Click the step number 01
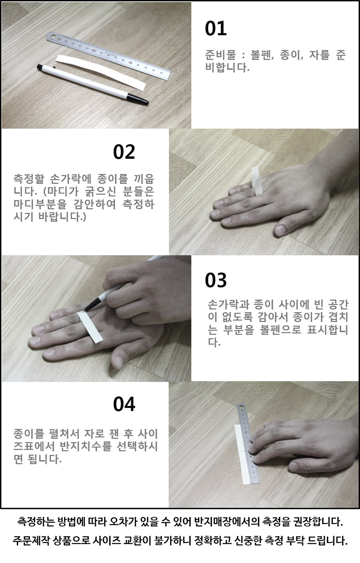pyautogui.click(x=216, y=28)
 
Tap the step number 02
pyautogui.click(x=124, y=152)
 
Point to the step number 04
pyautogui.click(x=124, y=404)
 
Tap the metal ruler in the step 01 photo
pyautogui.click(x=108, y=56)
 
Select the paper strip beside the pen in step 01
pyautogui.click(x=100, y=72)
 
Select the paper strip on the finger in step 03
pyautogui.click(x=90, y=327)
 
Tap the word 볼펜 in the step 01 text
pyautogui.click(x=262, y=55)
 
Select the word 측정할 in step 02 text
pyautogui.click(x=28, y=179)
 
